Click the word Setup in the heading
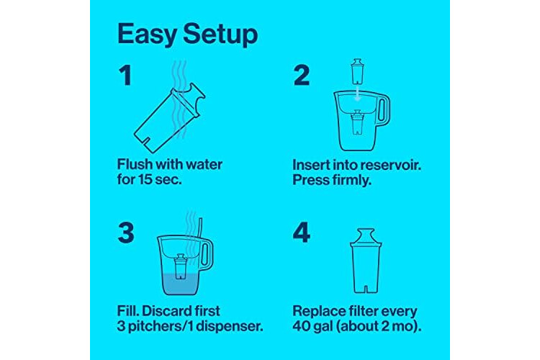tap(220, 35)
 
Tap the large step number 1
tap(125, 76)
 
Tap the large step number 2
tap(302, 76)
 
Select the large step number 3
tap(126, 233)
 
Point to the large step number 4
tap(302, 233)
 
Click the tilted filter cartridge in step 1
tap(169, 118)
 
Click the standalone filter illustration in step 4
tap(366, 261)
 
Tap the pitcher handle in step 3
tap(207, 255)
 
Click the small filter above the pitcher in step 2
tap(357, 71)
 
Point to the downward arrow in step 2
tap(358, 93)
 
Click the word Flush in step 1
tap(135, 164)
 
